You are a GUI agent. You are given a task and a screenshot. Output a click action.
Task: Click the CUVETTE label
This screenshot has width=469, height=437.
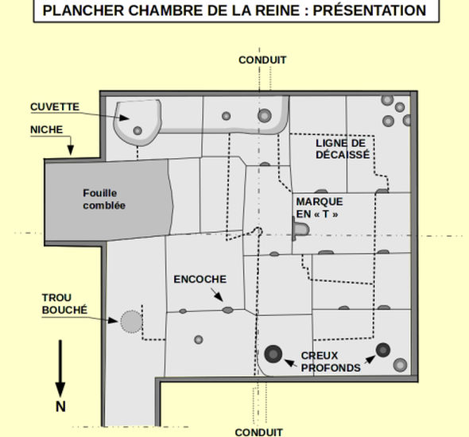click(x=55, y=106)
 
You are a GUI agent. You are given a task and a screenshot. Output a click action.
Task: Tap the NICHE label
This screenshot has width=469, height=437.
click(x=47, y=130)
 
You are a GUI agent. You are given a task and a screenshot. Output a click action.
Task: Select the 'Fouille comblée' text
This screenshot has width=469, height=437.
click(x=104, y=199)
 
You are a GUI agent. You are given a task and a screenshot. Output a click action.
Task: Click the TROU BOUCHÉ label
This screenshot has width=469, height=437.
click(x=64, y=304)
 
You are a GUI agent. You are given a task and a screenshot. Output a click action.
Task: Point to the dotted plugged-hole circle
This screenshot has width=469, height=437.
click(x=131, y=322)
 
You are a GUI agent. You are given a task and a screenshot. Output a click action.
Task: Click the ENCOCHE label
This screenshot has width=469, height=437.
click(x=200, y=279)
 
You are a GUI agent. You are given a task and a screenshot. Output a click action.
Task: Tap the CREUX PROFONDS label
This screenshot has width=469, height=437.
click(x=331, y=362)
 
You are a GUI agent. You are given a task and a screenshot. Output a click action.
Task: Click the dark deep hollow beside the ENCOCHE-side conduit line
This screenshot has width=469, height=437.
click(x=273, y=354)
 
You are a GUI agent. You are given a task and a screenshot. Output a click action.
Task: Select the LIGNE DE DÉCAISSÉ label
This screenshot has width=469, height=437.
click(x=343, y=149)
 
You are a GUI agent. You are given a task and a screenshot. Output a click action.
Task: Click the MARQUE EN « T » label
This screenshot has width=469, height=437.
click(x=320, y=207)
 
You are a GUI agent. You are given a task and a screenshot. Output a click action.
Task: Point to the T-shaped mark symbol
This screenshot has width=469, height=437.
click(x=300, y=230)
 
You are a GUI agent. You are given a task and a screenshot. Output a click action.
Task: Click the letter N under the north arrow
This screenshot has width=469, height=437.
click(x=60, y=407)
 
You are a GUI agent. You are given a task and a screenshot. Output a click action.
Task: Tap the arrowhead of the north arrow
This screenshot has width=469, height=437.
click(x=60, y=389)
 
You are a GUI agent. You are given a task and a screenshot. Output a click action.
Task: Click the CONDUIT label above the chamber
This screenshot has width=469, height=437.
click(x=262, y=60)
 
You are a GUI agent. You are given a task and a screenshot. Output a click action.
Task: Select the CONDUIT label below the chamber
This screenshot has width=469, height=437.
click(x=258, y=432)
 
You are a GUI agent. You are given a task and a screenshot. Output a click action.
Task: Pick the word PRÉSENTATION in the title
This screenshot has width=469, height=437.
click(x=370, y=10)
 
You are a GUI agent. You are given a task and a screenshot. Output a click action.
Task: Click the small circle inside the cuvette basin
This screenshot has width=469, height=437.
click(x=138, y=130)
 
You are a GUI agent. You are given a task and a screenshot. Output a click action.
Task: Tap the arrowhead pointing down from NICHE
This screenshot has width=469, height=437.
click(x=70, y=150)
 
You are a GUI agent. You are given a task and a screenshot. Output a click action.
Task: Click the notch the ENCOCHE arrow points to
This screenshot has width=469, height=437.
click(x=227, y=310)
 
